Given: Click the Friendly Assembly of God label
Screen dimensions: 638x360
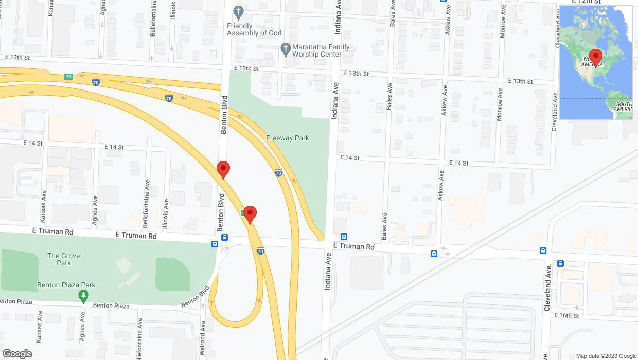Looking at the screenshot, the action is [254, 29].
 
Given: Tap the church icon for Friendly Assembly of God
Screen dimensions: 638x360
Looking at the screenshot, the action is [238, 11].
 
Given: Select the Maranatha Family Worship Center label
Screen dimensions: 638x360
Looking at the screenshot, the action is [321, 50].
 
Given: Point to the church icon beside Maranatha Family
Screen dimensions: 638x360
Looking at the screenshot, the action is [286, 50].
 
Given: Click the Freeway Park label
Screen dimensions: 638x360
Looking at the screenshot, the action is [287, 138].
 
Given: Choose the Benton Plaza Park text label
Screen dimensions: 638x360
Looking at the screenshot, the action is [66, 285].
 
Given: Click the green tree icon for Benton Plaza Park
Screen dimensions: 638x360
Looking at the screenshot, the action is [83, 296].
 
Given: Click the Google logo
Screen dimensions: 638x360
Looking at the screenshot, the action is [17, 353].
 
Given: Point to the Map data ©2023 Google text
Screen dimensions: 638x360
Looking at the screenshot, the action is [606, 356].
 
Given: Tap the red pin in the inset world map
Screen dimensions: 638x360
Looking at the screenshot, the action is [596, 57].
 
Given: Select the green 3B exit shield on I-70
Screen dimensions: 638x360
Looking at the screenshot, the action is [68, 77].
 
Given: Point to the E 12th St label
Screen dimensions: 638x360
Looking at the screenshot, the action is [587, 2].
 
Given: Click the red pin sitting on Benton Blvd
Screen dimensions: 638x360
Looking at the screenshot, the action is [223, 169].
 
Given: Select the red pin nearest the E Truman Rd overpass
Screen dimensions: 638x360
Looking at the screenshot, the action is [250, 214].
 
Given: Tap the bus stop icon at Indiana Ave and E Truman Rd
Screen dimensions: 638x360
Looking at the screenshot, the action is [344, 237].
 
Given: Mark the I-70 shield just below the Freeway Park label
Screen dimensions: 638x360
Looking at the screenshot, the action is [278, 173].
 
